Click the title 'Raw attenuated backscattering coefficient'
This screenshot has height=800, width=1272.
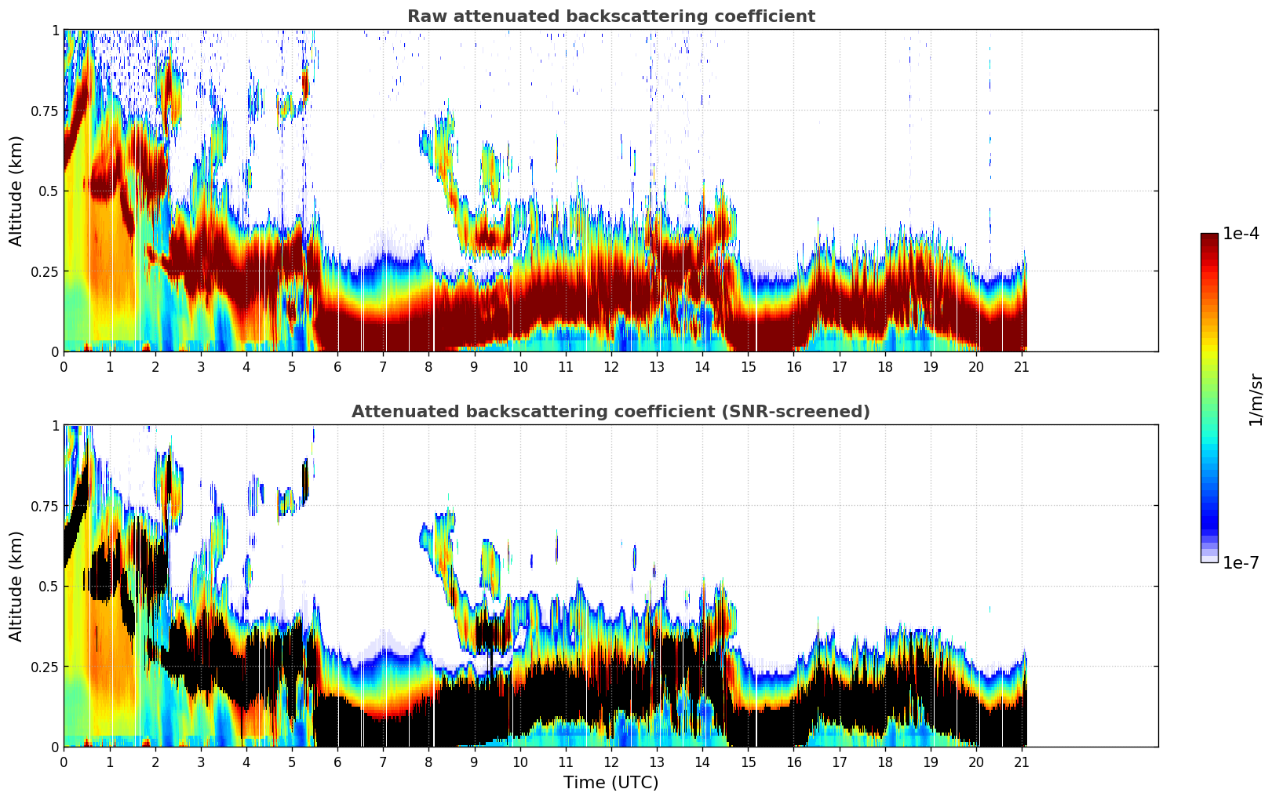pos(610,16)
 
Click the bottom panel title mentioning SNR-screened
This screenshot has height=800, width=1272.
pos(610,412)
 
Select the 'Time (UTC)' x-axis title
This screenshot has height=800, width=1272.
pos(610,783)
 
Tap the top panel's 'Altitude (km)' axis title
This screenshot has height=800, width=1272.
pos(16,191)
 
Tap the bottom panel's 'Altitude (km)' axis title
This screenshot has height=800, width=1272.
pos(16,586)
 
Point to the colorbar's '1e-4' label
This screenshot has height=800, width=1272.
pos(1241,234)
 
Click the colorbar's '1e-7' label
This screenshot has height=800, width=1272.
pos(1241,562)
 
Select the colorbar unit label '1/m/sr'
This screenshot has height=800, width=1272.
pos(1256,399)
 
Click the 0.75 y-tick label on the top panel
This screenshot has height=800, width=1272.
pos(44,111)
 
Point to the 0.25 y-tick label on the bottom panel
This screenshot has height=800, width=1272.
pos(44,667)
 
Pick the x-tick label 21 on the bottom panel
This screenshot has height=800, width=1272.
pos(1022,762)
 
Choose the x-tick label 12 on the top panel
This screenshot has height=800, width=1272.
pos(611,367)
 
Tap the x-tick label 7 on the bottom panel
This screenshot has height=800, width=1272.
pos(383,762)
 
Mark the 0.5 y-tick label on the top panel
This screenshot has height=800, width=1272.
pos(49,191)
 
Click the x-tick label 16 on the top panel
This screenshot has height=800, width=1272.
pos(793,367)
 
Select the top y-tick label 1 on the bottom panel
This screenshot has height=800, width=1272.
pos(55,425)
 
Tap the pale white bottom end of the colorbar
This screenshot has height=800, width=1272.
pos(1208,559)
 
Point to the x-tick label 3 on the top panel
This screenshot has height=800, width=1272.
pos(201,367)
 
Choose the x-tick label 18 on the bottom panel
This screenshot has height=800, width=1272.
pos(885,762)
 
